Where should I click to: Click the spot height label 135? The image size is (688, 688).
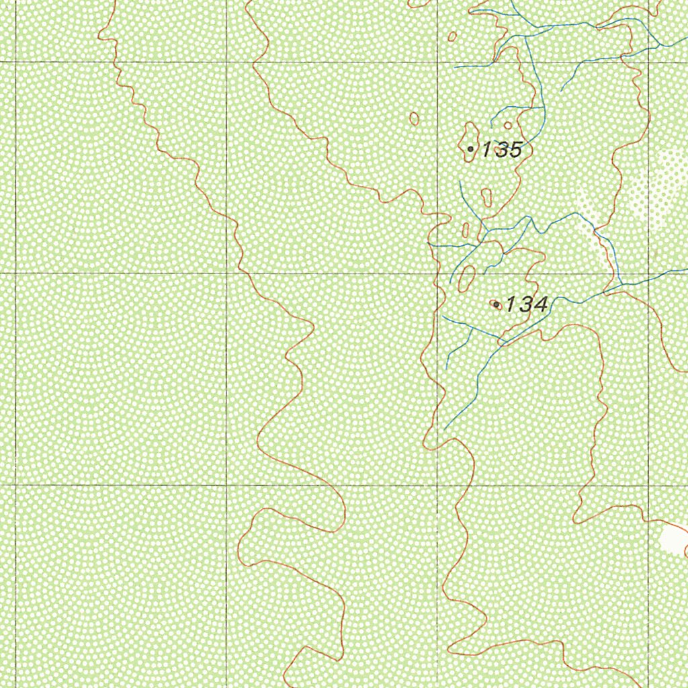pyautogui.click(x=501, y=150)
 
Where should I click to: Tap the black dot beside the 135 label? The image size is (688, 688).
pyautogui.click(x=470, y=148)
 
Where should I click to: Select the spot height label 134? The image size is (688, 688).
pyautogui.click(x=526, y=305)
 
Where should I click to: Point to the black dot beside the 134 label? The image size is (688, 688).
pyautogui.click(x=497, y=305)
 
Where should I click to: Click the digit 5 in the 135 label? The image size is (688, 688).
pyautogui.click(x=514, y=150)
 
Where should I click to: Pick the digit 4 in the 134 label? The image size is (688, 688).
pyautogui.click(x=540, y=305)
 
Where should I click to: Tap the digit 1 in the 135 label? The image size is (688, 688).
pyautogui.click(x=486, y=150)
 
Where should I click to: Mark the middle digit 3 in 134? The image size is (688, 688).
pyautogui.click(x=525, y=305)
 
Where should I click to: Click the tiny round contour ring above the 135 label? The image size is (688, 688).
pyautogui.click(x=507, y=125)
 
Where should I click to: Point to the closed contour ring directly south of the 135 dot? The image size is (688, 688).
pyautogui.click(x=486, y=197)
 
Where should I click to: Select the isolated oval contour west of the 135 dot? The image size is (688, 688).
pyautogui.click(x=415, y=119)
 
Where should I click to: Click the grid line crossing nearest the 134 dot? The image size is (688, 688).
pyautogui.click(x=437, y=273)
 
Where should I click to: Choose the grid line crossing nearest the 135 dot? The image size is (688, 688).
pyautogui.click(x=437, y=62)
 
